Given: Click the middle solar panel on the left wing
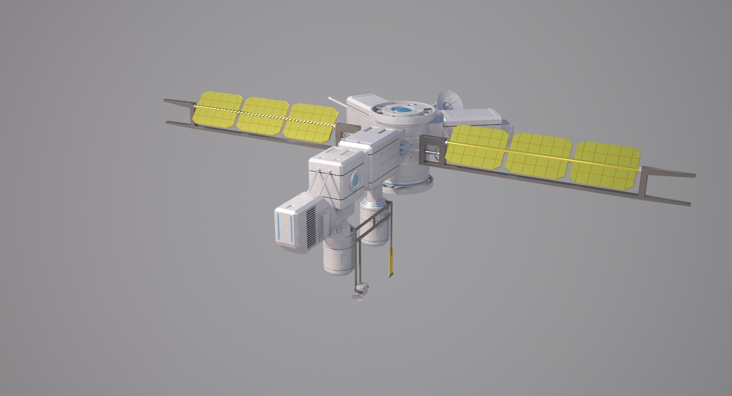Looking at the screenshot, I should tap(263, 116).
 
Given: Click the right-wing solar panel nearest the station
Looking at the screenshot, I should tap(477, 146).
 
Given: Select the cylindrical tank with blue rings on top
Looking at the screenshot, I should tap(375, 223).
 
